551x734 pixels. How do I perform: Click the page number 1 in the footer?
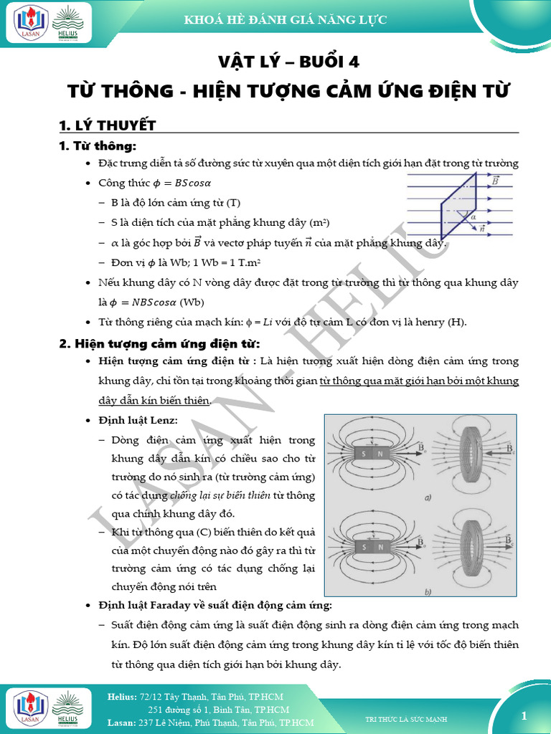[524, 715]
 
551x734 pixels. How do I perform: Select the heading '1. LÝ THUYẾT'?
[107, 126]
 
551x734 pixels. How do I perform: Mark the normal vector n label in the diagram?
[482, 229]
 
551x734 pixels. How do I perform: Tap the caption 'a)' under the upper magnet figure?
[426, 497]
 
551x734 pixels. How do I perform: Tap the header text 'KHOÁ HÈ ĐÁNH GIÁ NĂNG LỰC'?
[286, 20]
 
